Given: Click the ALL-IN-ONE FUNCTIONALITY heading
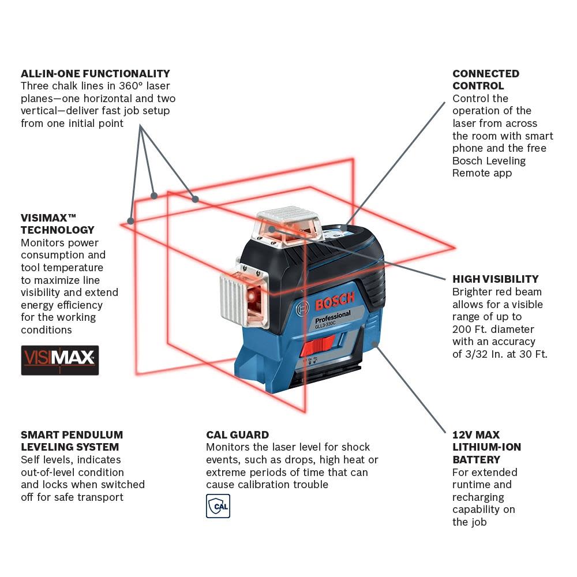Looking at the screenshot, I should click(x=95, y=74).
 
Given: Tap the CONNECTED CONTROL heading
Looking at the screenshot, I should click(x=485, y=80).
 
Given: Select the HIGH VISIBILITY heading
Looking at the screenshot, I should click(x=495, y=279).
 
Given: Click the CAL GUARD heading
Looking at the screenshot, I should click(x=237, y=434).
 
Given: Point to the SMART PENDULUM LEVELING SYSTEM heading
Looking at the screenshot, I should click(x=72, y=441).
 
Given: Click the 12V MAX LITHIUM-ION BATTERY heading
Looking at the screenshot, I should click(x=486, y=447).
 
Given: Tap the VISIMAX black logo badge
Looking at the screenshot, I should click(x=59, y=360).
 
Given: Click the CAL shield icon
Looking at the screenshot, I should click(x=218, y=506).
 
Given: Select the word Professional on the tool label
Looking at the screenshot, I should click(x=332, y=317).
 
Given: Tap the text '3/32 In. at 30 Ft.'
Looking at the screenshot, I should click(x=500, y=354).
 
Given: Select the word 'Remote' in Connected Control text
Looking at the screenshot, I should click(x=474, y=173).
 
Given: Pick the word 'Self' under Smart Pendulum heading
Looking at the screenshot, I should click(x=31, y=460).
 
